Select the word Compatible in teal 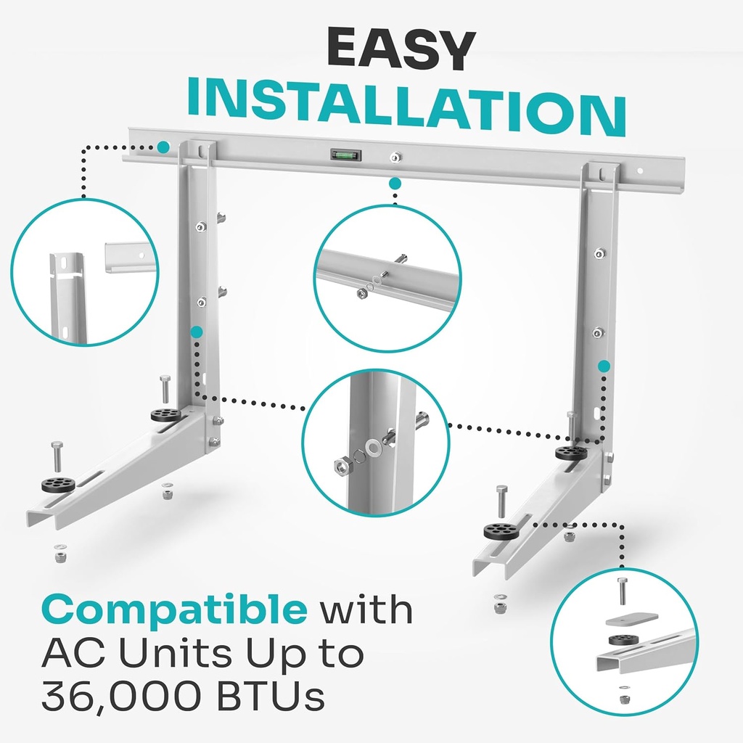(174, 610)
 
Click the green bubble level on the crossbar (344, 155)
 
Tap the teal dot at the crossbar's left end (163, 147)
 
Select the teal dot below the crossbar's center (395, 184)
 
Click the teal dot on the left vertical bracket (196, 332)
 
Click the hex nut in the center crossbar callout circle (361, 293)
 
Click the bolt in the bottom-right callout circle (622, 591)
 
